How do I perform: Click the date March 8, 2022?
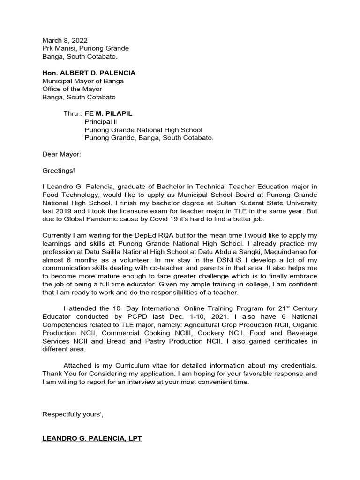65,41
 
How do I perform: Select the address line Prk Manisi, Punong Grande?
85,48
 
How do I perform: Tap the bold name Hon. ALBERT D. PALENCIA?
89,73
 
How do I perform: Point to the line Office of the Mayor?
72,89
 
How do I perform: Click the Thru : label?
73,114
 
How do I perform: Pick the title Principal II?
100,122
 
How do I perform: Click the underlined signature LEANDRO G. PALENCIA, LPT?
92,439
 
